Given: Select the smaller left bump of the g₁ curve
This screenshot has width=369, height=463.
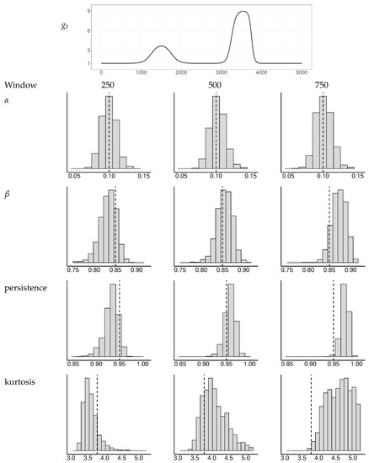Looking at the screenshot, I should click(x=162, y=46).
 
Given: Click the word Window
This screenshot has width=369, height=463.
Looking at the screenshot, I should click(x=20, y=85).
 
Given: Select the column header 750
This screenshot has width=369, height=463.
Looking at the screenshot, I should click(x=322, y=85).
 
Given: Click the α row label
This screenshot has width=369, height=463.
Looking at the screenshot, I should click(x=7, y=98).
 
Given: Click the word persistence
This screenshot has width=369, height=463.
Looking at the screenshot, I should click(x=27, y=288).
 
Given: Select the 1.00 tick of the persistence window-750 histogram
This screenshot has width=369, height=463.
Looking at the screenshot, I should click(x=356, y=366).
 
